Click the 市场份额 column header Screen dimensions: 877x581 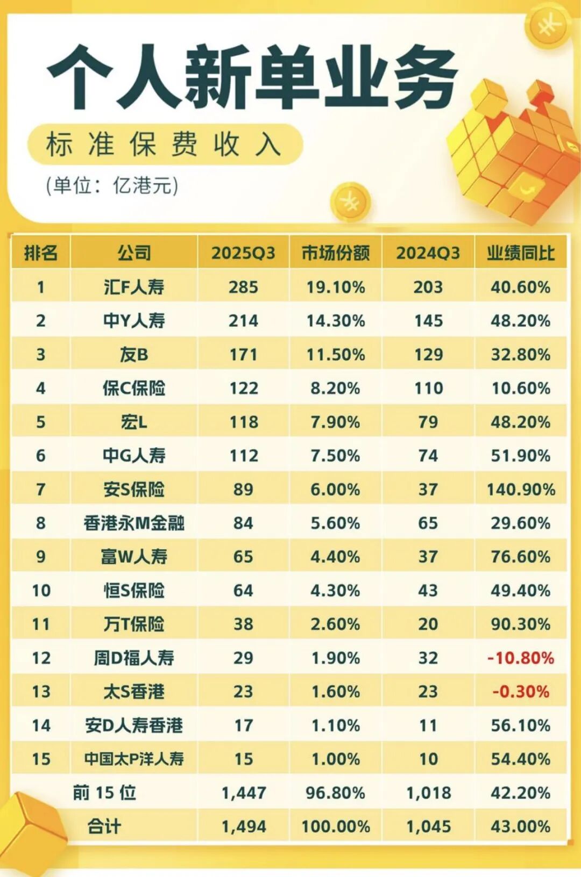click(335, 253)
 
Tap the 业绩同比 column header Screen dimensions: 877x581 click(520, 253)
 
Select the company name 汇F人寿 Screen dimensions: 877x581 click(133, 287)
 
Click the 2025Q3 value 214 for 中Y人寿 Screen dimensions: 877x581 click(243, 321)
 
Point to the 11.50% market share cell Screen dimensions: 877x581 click(335, 355)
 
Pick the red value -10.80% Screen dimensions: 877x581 click(520, 658)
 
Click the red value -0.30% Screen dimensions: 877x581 click(520, 692)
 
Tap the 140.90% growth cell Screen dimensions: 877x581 click(520, 490)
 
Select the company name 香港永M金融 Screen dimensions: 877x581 click(133, 523)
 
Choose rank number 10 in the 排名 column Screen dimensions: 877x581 click(41, 591)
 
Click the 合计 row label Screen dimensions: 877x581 click(104, 826)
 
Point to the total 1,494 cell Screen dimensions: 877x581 click(243, 826)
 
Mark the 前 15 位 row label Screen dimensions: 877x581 click(104, 793)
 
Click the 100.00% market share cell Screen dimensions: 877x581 click(335, 826)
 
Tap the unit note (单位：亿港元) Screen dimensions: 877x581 click(112, 185)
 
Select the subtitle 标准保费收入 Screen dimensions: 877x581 click(164, 144)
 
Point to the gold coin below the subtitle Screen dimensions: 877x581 click(350, 202)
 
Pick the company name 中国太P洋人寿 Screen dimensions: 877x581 click(133, 759)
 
